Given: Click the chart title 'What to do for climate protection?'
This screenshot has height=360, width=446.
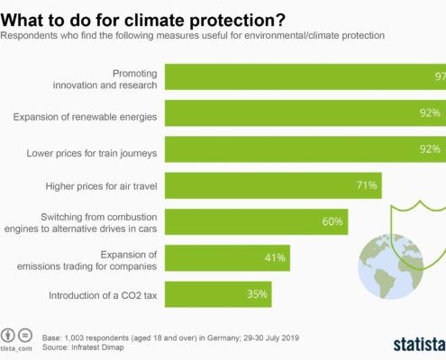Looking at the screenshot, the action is coord(143,21).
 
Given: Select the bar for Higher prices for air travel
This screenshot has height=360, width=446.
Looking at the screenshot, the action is coord(273,185).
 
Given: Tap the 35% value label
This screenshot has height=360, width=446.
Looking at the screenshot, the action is coord(257,294).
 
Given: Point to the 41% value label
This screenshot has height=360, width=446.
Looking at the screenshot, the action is coord(275,257).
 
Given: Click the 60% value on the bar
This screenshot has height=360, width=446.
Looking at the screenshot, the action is coord(332,221).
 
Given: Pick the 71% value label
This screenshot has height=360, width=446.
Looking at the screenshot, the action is coord(367,185).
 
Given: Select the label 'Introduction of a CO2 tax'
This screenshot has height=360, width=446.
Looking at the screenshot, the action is coord(103,295).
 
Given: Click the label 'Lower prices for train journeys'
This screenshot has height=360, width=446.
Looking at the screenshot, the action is coord(92,153).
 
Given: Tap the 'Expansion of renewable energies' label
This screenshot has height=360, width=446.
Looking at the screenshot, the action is coord(85,117).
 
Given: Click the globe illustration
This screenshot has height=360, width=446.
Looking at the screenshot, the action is coord(390,266).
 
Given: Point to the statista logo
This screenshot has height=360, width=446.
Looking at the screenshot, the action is coord(420,345).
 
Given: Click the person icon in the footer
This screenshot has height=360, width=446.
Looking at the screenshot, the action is coord(8,335).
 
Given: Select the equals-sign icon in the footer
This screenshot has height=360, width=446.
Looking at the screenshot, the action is coord(25,335).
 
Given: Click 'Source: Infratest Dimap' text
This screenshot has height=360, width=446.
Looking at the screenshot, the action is coord(83,347).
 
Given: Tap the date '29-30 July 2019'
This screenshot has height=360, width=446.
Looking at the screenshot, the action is coord(271,337).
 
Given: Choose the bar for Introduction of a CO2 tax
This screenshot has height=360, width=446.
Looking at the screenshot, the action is coord(218,294).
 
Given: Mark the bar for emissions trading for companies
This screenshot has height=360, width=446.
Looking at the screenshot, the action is coord(227,258).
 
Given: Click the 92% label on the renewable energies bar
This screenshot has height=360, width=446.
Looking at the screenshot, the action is coord(430,112).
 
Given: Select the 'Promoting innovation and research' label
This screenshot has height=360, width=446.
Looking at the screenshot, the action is coord(105,79).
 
